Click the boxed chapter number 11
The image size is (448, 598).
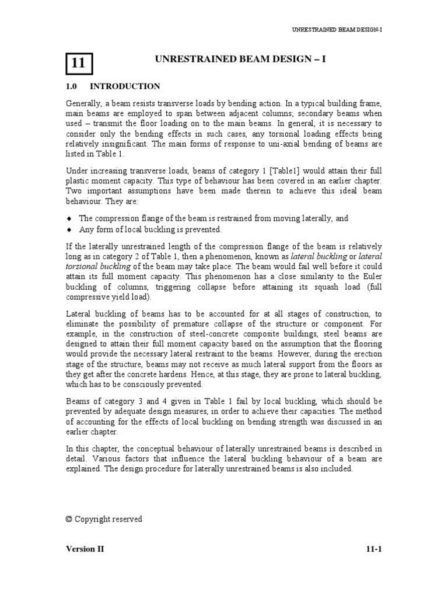(x=78, y=64)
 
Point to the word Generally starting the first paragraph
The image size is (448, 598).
(x=83, y=103)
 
